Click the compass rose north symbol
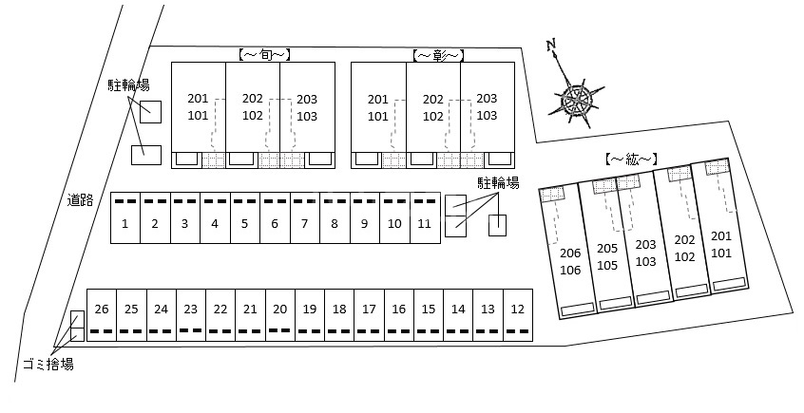pos(575,98)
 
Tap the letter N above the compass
pos(552,46)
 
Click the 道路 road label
pos(81,200)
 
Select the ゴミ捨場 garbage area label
pos(48,365)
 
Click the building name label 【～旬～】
pos(265,55)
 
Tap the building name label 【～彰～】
pos(438,55)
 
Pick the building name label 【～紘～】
pos(632,160)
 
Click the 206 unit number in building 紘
pos(570,253)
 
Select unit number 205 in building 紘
pos(607,248)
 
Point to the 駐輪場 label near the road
pos(128,85)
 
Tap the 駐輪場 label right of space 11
pos(498,183)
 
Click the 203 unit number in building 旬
pos(307,99)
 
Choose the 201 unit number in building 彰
pos(378,99)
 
